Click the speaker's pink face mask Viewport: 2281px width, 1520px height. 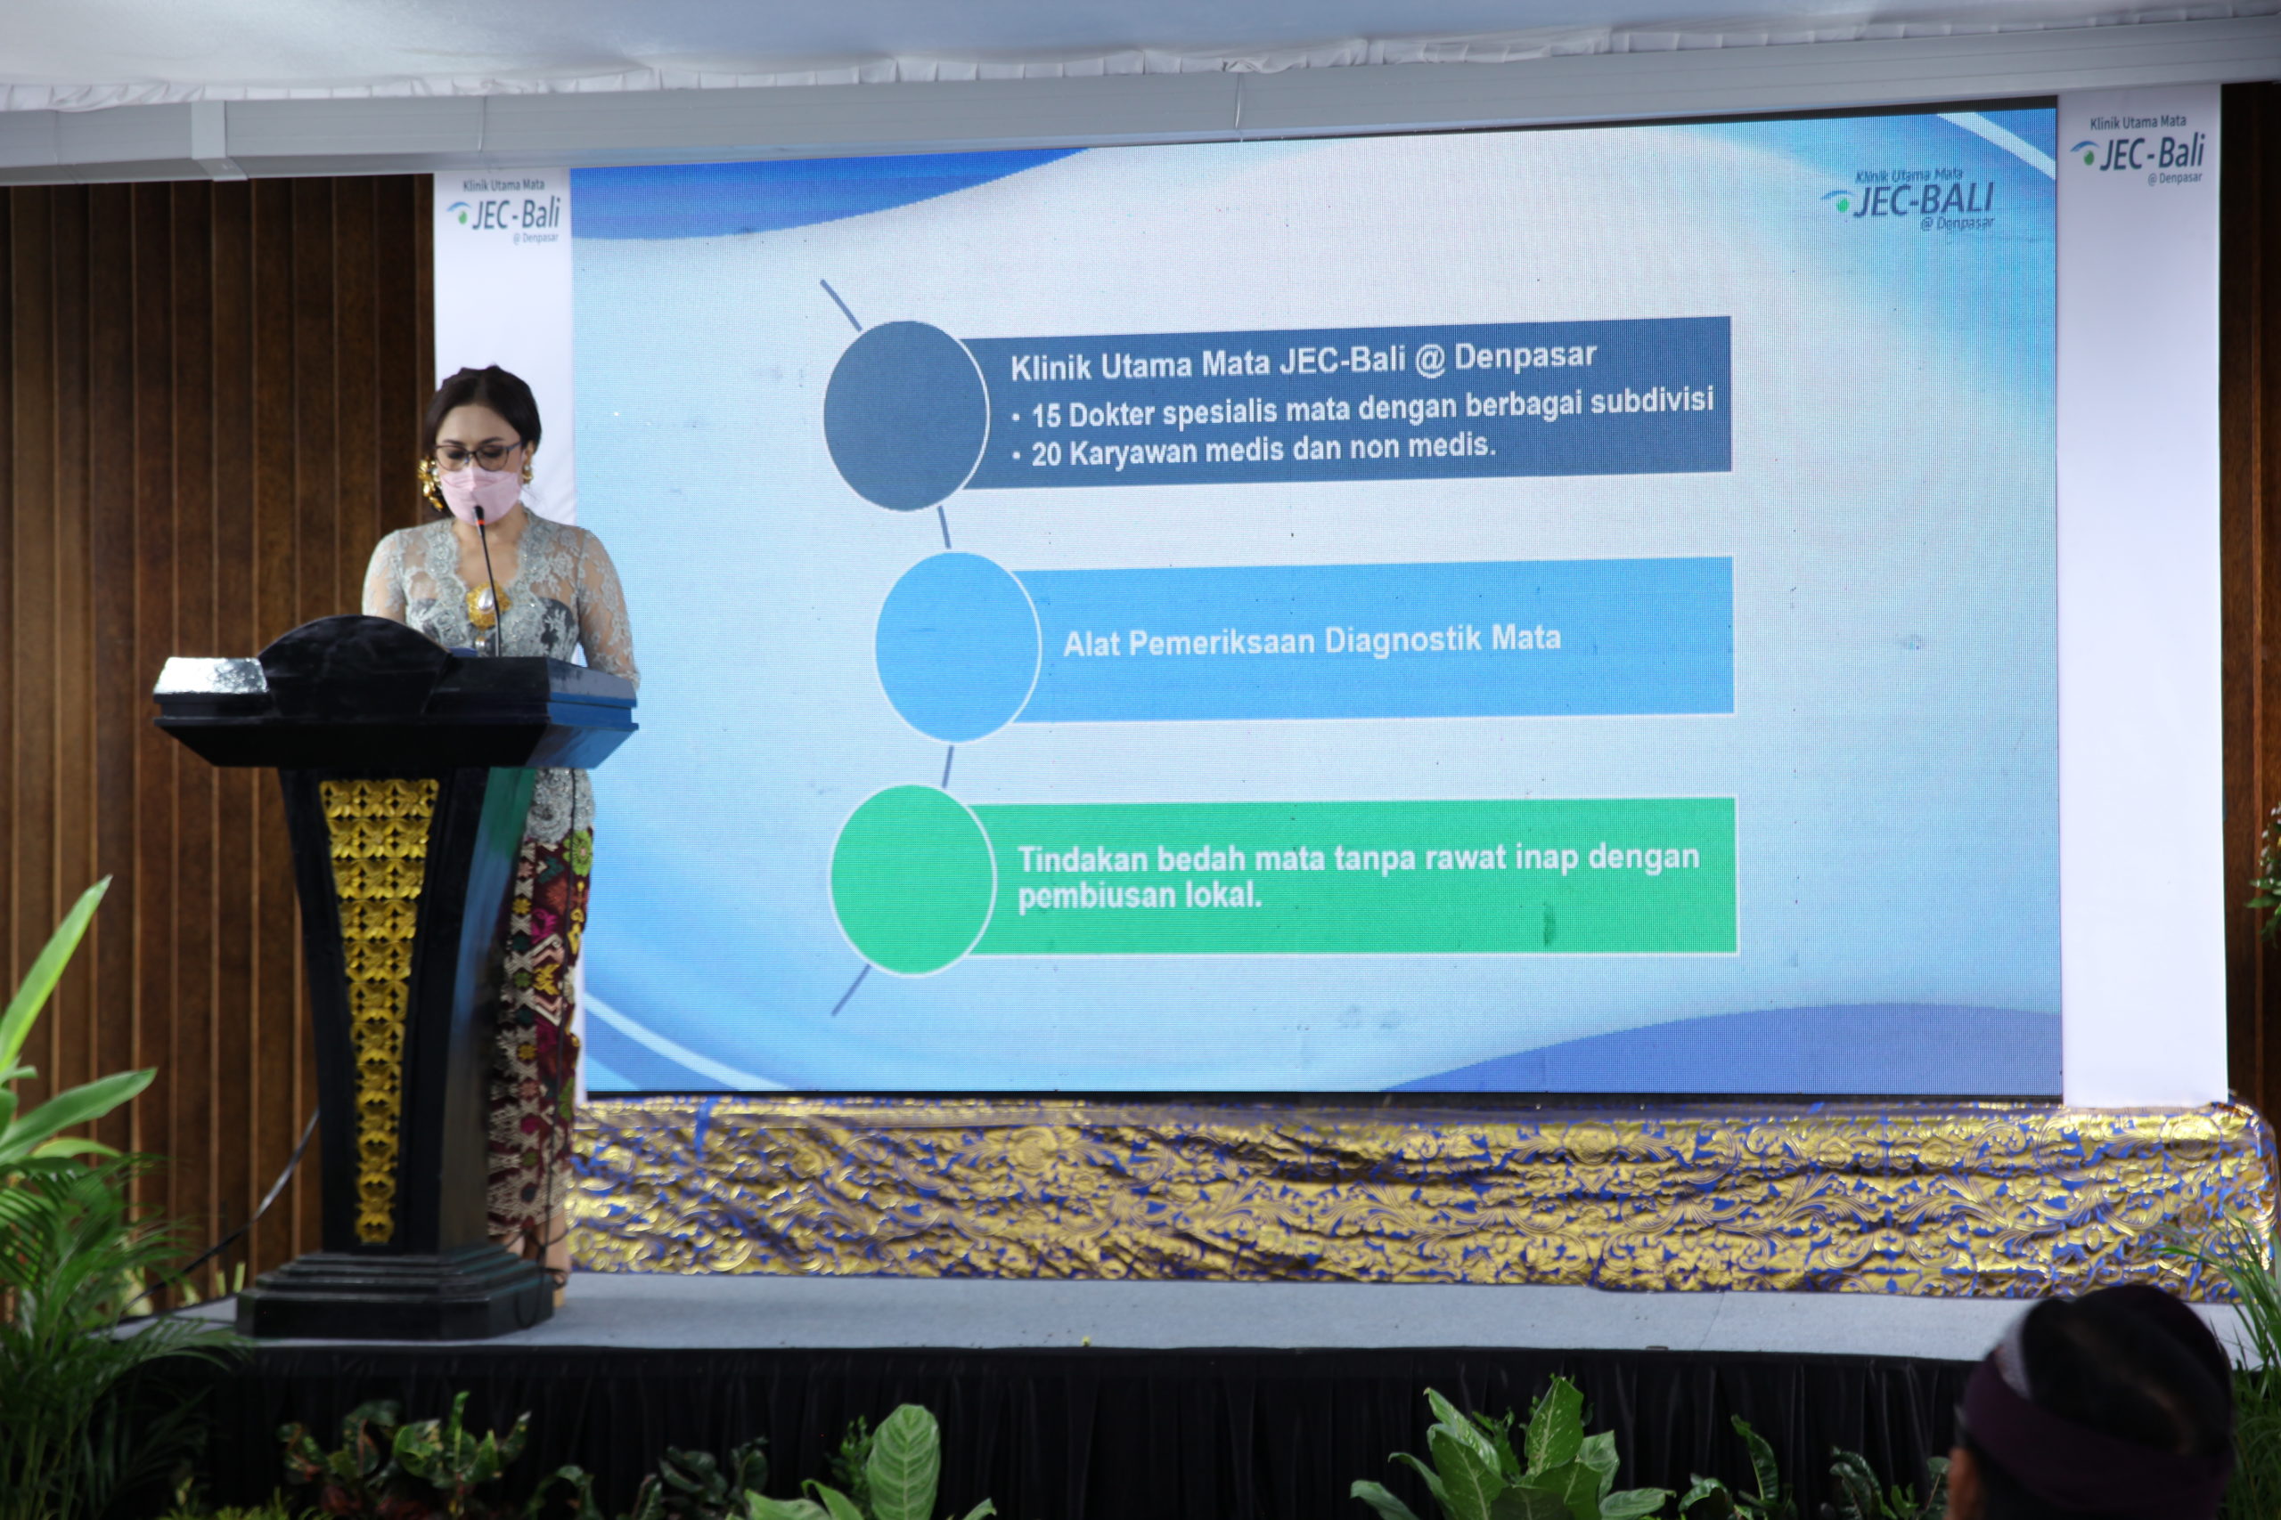pyautogui.click(x=478, y=492)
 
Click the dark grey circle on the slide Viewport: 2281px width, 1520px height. pyautogui.click(x=905, y=416)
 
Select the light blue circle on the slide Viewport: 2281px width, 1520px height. pyautogui.click(x=957, y=646)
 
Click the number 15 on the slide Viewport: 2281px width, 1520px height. pyautogui.click(x=1045, y=416)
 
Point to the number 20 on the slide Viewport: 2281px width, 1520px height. pyautogui.click(x=1046, y=453)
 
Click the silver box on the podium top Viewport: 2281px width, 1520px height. pyautogui.click(x=210, y=676)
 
